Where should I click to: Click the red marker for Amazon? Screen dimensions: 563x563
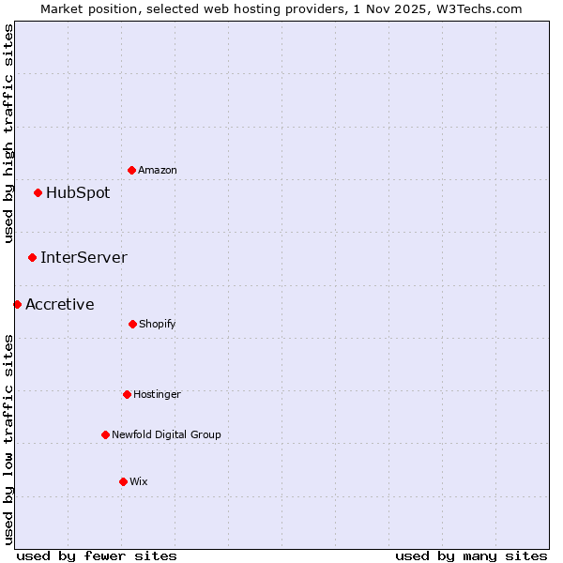132,170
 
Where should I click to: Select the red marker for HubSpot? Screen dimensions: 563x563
38,193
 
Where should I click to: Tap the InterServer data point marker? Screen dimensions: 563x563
33,257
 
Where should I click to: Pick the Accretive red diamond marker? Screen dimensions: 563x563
17,304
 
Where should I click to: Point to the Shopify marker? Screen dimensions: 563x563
132,324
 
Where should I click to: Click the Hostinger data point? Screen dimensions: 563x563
127,394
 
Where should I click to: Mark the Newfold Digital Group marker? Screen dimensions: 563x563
105,434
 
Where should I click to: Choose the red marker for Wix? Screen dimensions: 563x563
123,481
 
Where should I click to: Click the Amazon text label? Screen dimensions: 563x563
158,171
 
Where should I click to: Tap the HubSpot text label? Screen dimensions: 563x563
78,193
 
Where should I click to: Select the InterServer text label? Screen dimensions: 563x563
84,257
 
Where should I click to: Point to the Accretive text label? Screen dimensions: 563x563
60,304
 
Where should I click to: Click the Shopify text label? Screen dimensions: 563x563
158,325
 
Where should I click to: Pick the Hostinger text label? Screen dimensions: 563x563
157,395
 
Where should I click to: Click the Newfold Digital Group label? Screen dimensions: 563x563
166,435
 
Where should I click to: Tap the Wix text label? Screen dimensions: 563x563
139,482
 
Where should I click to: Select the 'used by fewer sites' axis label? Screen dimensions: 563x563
97,555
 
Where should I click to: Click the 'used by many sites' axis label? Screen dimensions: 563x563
471,555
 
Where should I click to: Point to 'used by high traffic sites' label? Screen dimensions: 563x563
8,133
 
